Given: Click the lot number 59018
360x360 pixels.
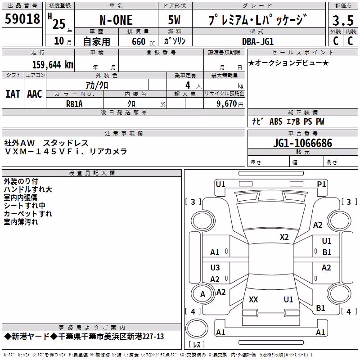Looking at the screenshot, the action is pyautogui.click(x=22, y=19).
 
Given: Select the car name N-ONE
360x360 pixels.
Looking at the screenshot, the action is pyautogui.click(x=116, y=20).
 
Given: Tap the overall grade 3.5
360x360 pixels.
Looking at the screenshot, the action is pyautogui.click(x=343, y=20).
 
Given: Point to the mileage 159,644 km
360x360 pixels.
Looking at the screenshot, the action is pyautogui.click(x=53, y=64).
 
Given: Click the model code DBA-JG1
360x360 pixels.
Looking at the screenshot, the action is pyautogui.click(x=258, y=41).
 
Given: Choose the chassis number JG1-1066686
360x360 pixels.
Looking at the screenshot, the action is pyautogui.click(x=302, y=143).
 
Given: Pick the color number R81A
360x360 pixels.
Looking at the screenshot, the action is pyautogui.click(x=74, y=104).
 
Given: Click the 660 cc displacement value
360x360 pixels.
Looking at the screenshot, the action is pyautogui.click(x=143, y=42).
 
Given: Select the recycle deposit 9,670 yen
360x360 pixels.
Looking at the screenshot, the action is pyautogui.click(x=230, y=104).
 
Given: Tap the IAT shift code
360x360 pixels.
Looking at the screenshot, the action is pyautogui.click(x=13, y=94).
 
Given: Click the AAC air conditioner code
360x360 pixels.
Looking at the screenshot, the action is pyautogui.click(x=35, y=94).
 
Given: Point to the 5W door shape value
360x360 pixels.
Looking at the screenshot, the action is pyautogui.click(x=174, y=20).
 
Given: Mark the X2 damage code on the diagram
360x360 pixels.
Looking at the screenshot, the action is pyautogui.click(x=284, y=237).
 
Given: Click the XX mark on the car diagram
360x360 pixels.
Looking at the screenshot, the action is pyautogui.click(x=253, y=299).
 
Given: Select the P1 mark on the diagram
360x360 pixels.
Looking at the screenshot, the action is pyautogui.click(x=321, y=184).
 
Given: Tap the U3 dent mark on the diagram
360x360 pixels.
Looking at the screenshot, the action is pyautogui.click(x=215, y=267).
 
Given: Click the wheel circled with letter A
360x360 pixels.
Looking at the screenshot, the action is pyautogui.click(x=202, y=284).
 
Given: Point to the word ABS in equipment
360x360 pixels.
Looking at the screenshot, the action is pyautogui.click(x=276, y=121).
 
